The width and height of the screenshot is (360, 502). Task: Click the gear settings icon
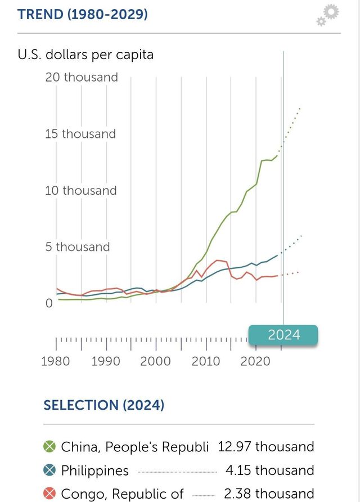coord(328,15)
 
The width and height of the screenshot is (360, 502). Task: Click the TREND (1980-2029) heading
coord(83,14)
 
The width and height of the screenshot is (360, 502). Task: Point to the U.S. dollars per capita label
coord(85,55)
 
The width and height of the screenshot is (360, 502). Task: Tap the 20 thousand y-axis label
coord(82,77)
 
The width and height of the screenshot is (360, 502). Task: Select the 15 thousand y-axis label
coord(80,134)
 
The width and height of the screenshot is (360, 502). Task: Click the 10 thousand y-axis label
coord(81,191)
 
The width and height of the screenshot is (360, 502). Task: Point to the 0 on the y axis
coord(49,303)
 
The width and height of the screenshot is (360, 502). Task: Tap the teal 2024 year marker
coord(283,335)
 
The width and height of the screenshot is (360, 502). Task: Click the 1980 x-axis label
coord(56,361)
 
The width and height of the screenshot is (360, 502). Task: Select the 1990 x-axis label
coord(106,361)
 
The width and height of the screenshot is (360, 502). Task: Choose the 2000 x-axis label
coord(156,361)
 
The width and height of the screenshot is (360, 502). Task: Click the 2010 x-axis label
coord(206,361)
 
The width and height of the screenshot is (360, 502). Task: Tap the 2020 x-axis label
coord(256,361)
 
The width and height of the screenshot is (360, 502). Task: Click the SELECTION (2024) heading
coord(104,405)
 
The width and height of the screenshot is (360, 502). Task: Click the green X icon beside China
coord(50,447)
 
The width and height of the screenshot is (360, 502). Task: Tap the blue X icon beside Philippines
coord(50,470)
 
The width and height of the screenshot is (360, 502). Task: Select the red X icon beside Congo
coord(50,494)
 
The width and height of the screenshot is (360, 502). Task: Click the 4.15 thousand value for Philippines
coord(268,470)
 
